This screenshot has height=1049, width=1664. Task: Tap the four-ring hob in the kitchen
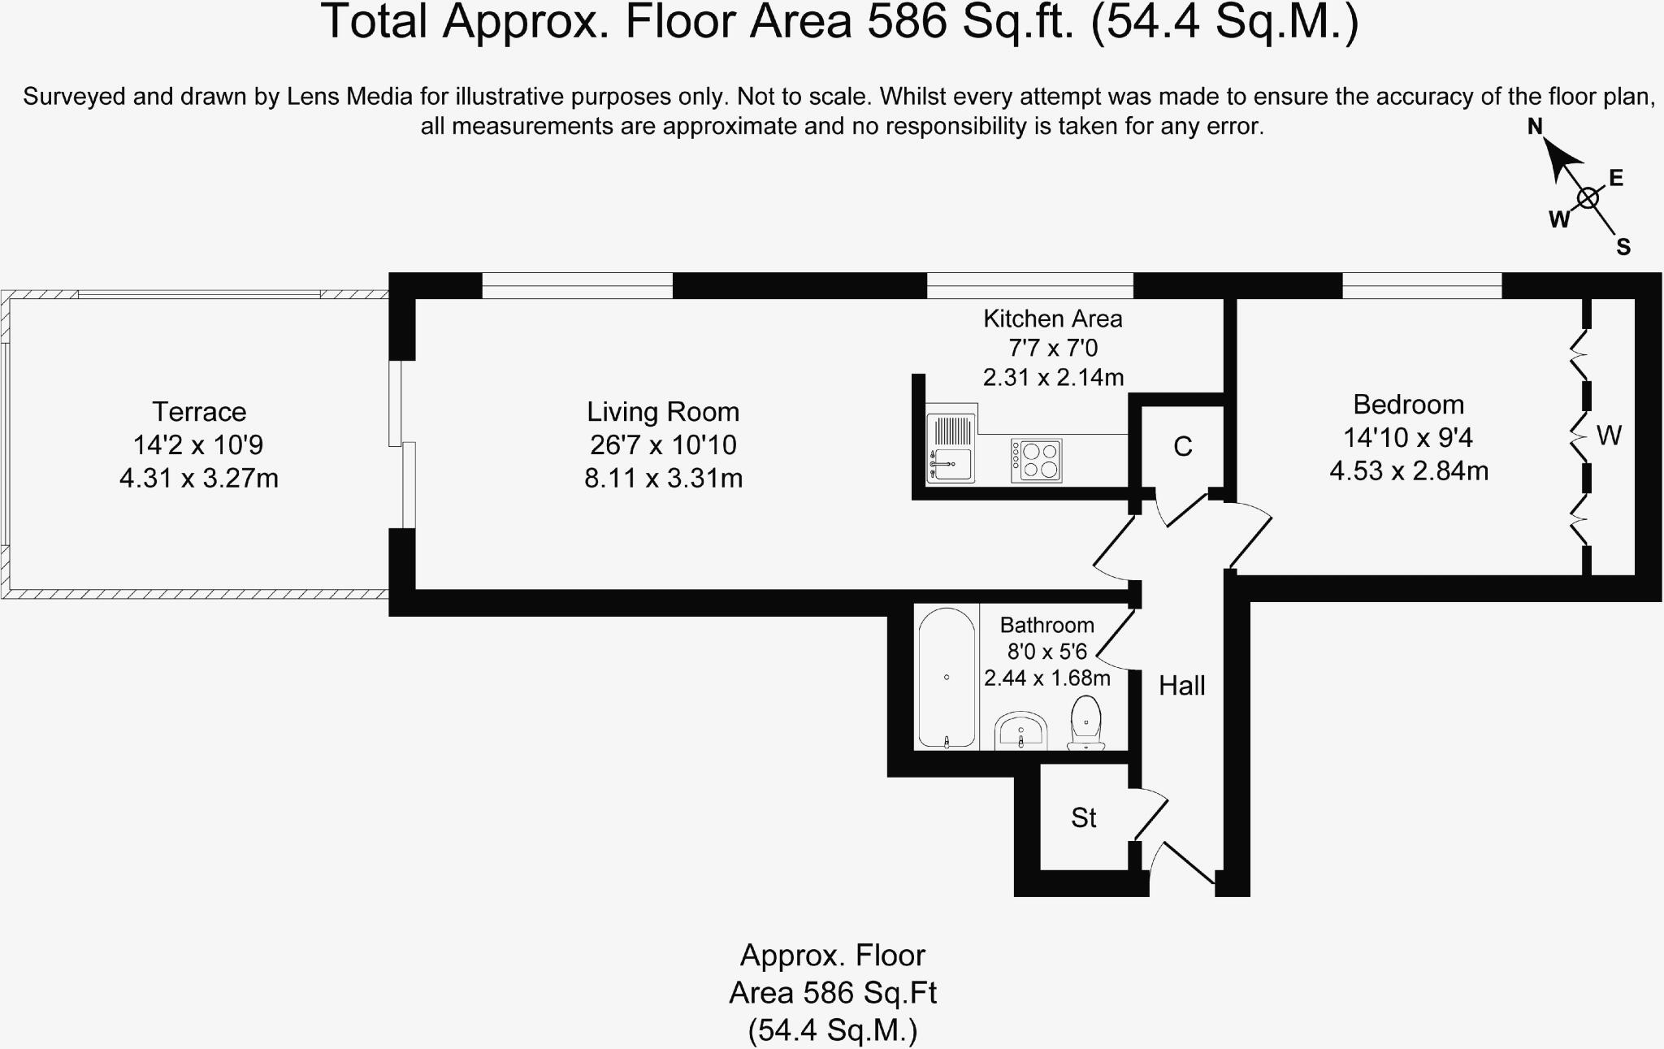pyautogui.click(x=1036, y=461)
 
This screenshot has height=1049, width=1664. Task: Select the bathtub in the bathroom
pyautogui.click(x=947, y=677)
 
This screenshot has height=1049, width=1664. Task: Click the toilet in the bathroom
pyautogui.click(x=1085, y=722)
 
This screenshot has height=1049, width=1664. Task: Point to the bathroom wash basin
pyautogui.click(x=1020, y=730)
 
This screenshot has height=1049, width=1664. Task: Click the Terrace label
pyautogui.click(x=199, y=412)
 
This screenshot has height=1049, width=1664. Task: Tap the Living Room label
pyautogui.click(x=663, y=412)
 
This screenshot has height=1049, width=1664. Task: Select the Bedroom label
pyautogui.click(x=1408, y=405)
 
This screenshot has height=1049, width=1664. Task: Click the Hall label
pyautogui.click(x=1181, y=686)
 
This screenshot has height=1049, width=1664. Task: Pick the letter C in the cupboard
pyautogui.click(x=1182, y=446)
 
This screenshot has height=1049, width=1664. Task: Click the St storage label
pyautogui.click(x=1084, y=817)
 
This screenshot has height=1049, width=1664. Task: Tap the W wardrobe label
pyautogui.click(x=1609, y=436)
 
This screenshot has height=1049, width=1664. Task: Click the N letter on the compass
pyautogui.click(x=1535, y=126)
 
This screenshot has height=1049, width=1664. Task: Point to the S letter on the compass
pyautogui.click(x=1623, y=247)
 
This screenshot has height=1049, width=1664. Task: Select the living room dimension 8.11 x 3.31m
pyautogui.click(x=663, y=478)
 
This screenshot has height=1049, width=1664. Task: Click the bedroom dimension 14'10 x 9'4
pyautogui.click(x=1408, y=438)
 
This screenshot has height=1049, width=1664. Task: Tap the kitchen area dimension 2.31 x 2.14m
pyautogui.click(x=1053, y=377)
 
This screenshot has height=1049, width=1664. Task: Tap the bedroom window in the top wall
pyautogui.click(x=1422, y=286)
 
